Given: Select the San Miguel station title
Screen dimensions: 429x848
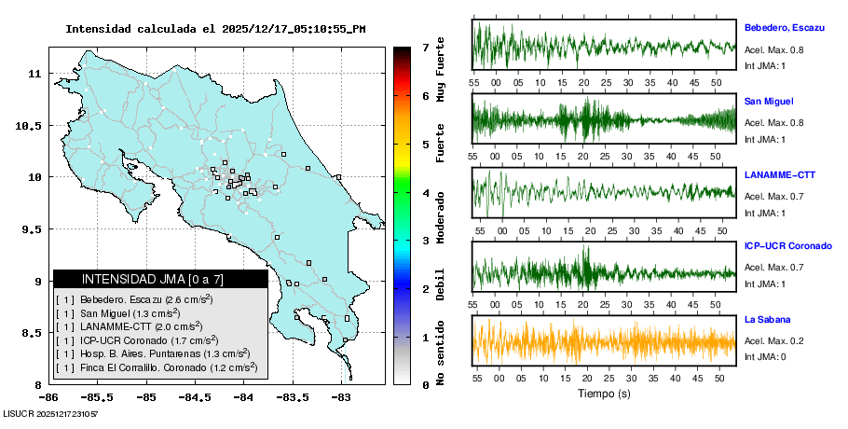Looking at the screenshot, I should tap(769, 101).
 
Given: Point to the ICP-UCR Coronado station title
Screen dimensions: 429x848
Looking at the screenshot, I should tap(787, 246).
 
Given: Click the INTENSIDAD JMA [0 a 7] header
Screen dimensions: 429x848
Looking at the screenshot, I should tap(159, 279).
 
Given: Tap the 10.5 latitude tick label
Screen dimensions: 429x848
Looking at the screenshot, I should tap(31, 126).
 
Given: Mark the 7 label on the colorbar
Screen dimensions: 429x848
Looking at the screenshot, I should tap(425, 47).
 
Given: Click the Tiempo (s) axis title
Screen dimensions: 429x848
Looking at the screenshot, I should tap(604, 394).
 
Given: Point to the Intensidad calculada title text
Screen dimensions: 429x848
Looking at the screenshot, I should tap(215, 29).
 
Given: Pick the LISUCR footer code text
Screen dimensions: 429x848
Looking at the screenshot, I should tap(51, 412).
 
